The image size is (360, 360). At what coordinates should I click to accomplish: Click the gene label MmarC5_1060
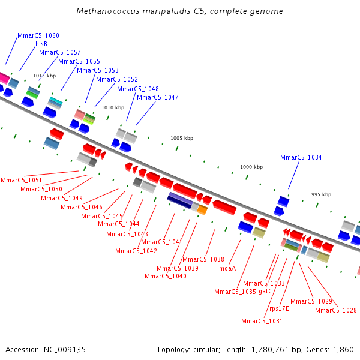pos(38,36)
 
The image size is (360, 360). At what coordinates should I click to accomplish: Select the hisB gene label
pos(41,44)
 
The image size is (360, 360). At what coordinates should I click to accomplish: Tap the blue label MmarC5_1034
pos(301,158)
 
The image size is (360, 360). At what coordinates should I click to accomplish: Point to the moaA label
pos(227,269)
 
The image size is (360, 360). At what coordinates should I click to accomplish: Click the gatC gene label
pos(266,292)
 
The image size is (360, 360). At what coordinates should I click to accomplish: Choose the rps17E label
pos(279,308)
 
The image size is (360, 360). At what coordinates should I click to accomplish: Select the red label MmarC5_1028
pos(336,310)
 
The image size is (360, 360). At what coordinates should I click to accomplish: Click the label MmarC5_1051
pos(22,180)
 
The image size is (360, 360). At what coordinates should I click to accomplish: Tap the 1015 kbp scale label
pos(44,76)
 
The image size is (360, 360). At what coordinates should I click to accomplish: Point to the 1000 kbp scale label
pos(251,167)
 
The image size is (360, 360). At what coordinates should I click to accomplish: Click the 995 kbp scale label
pos(321,194)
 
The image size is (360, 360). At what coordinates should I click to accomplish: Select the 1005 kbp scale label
pos(182,138)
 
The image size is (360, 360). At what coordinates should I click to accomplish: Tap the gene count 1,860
pos(343,349)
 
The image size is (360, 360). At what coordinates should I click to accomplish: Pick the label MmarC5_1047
pos(158,97)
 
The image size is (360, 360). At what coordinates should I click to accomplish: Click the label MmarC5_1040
pos(166,276)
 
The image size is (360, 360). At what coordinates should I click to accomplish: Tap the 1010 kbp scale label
pos(113,108)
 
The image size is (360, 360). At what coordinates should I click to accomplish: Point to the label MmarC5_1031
pos(262,321)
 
